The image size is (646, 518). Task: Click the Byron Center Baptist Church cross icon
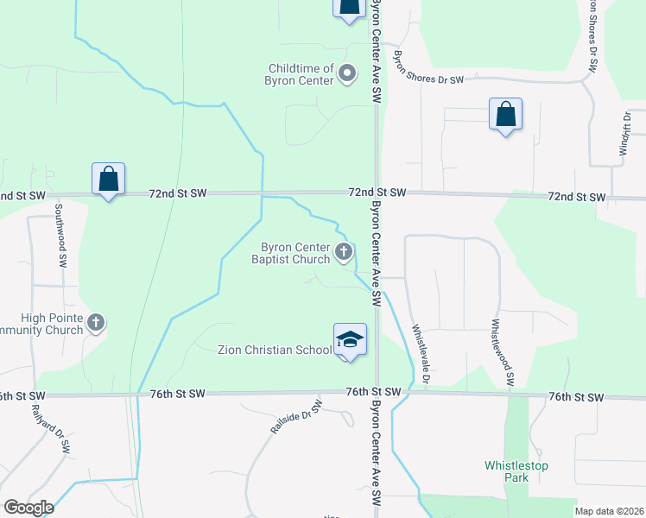[x=344, y=253]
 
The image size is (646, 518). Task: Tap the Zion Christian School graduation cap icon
[x=350, y=339]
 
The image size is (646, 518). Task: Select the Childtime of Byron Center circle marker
[x=347, y=74]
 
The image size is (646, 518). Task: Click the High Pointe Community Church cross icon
[x=96, y=324]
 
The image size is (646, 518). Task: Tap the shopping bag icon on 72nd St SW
[x=109, y=180]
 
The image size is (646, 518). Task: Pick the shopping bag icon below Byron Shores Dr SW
[x=505, y=115]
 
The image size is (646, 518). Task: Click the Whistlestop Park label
[x=516, y=471]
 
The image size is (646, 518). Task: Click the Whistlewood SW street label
[x=503, y=352]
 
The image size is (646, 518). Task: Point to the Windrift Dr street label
[x=626, y=133]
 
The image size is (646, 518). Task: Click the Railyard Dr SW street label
[x=22, y=426]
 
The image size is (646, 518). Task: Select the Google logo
[x=28, y=508]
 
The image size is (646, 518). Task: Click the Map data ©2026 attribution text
[x=609, y=511]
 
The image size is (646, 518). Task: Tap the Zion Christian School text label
[x=274, y=350]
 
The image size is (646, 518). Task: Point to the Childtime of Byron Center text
[x=301, y=74]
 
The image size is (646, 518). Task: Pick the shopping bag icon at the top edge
[x=347, y=7]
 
